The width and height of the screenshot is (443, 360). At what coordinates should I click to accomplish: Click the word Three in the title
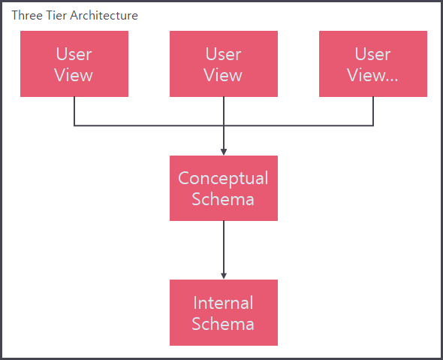26,15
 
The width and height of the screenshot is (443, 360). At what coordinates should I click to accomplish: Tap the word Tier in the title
57,15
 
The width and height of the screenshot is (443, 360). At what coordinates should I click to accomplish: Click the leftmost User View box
74,64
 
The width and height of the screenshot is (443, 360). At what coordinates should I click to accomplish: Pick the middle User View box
224,64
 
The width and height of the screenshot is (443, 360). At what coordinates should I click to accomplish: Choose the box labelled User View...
373,64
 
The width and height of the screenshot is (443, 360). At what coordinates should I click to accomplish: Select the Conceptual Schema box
224,188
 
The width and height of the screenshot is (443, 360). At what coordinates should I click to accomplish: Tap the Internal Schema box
224,313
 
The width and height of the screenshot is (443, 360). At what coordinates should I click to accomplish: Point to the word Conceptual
224,178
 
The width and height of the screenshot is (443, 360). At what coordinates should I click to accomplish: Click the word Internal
224,303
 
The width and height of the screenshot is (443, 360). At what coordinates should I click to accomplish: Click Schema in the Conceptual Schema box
224,199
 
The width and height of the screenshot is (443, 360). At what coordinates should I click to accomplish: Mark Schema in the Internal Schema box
224,324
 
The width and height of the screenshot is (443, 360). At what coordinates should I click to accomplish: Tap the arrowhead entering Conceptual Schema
224,151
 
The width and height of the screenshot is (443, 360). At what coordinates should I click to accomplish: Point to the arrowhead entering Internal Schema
224,275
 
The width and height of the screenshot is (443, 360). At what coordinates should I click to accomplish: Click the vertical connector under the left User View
74,111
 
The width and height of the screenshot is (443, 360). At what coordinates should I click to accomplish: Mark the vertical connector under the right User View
373,111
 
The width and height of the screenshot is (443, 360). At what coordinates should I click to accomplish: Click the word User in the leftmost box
74,54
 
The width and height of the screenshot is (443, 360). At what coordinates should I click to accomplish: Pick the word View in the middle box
224,75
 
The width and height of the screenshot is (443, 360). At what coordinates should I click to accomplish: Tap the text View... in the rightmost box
373,75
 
